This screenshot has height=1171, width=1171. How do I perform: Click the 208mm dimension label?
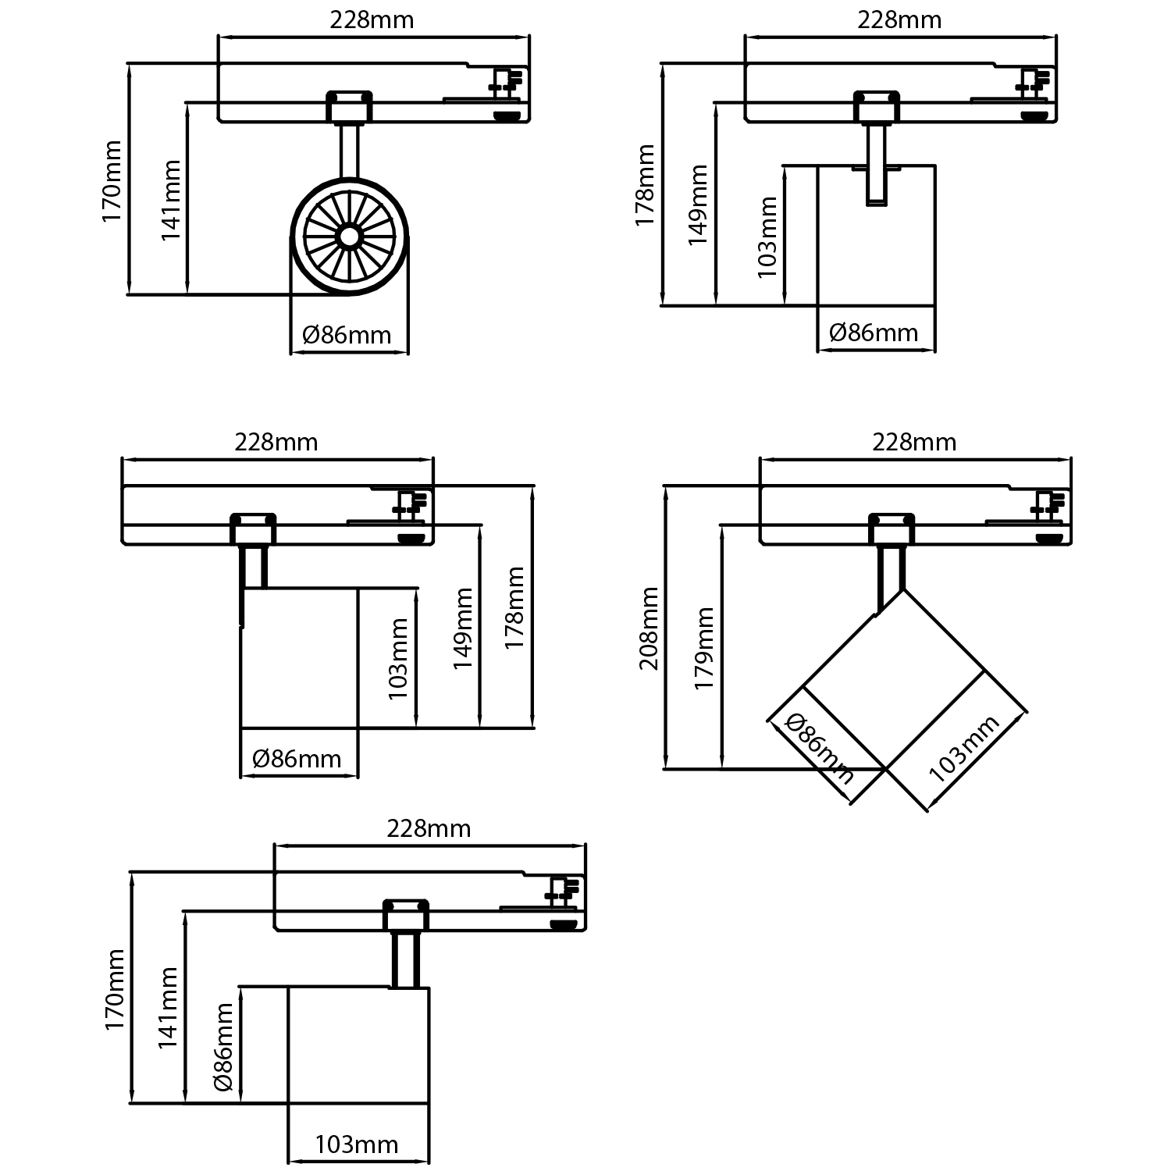coord(650,628)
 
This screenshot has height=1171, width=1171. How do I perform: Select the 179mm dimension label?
coord(704,648)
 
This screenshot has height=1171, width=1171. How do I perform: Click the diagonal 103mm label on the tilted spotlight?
coord(964,749)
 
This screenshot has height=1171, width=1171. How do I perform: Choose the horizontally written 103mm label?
coord(357,1144)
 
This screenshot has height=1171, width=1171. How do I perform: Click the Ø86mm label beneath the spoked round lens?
coord(347,335)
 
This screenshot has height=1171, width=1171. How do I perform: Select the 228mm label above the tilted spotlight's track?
coord(914,443)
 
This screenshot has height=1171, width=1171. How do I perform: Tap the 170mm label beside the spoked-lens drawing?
coord(112,181)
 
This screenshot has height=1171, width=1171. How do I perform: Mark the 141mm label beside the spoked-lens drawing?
coord(172,201)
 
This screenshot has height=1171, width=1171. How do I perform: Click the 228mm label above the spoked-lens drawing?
coord(372,20)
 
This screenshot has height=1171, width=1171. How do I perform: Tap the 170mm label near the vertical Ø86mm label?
coord(116,989)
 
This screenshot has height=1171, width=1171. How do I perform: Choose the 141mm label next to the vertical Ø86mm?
coord(169,1007)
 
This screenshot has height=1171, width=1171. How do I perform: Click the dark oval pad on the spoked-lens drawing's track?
coord(508,116)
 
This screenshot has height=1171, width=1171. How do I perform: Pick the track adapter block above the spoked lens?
coord(349,106)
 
